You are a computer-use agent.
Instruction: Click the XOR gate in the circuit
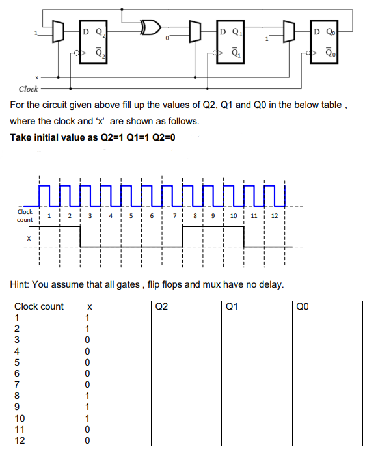pyautogui.click(x=152, y=28)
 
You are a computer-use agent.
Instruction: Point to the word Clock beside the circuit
pyautogui.click(x=28, y=88)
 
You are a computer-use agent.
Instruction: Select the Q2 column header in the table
pyautogui.click(x=163, y=306)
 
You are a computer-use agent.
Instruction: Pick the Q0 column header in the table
pyautogui.click(x=303, y=306)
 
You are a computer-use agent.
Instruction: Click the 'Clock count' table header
pyautogui.click(x=39, y=306)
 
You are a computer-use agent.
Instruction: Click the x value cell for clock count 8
pyautogui.click(x=88, y=396)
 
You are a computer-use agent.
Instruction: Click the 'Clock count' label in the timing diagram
pyautogui.click(x=25, y=215)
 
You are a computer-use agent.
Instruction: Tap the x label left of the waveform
pyautogui.click(x=28, y=238)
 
